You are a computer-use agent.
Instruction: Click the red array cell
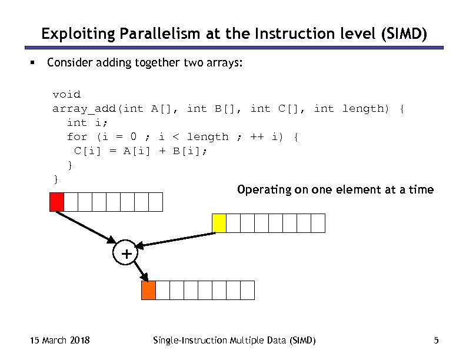tap(56, 202)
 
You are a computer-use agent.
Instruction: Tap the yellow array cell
tap(219, 223)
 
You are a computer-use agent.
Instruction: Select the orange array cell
tap(148, 290)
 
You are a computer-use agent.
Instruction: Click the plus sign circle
tap(125, 254)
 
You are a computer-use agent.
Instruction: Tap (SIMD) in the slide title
tap(404, 35)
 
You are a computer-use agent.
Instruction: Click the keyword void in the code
tap(66, 94)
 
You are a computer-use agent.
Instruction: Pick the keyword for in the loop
tap(77, 137)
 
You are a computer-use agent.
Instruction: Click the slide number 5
tap(436, 341)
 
